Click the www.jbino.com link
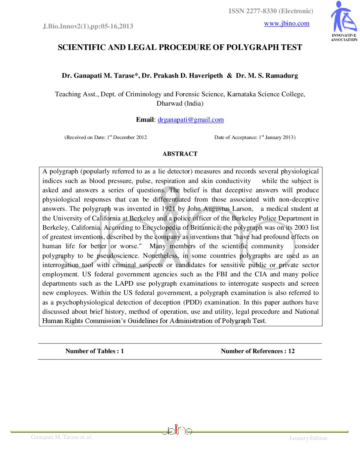tap(287, 23)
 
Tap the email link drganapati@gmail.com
tap(191, 120)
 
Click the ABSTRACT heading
tap(180, 154)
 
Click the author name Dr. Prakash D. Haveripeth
tap(182, 76)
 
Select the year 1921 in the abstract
tap(168, 209)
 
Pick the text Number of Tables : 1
tap(95, 351)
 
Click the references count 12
tap(291, 351)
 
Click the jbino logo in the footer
tap(177, 430)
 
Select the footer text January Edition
tap(308, 438)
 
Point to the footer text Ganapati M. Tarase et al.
tap(62, 437)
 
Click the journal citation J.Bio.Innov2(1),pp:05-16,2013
tap(88, 26)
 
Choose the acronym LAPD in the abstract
tap(124, 284)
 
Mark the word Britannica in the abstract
tap(205, 228)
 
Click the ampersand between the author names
tap(230, 76)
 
